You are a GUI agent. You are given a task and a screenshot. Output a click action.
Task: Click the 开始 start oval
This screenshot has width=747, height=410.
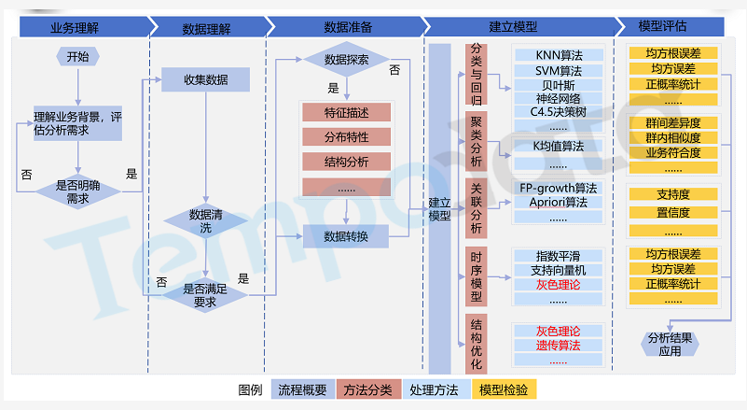click(78, 57)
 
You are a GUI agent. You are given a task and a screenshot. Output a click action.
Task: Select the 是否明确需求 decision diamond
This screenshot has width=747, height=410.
click(78, 192)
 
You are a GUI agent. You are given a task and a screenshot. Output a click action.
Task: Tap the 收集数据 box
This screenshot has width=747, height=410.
click(205, 79)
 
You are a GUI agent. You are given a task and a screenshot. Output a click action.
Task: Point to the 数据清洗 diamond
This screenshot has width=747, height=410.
click(205, 221)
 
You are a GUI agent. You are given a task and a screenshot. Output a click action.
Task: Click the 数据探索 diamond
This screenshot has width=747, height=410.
click(345, 60)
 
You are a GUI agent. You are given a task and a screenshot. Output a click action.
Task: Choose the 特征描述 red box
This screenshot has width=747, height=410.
click(346, 113)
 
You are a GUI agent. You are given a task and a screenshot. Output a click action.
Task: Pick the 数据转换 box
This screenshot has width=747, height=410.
click(346, 236)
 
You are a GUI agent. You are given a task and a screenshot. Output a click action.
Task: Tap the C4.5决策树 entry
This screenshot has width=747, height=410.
click(558, 112)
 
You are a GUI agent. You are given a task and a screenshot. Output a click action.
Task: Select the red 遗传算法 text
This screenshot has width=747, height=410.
click(558, 345)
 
